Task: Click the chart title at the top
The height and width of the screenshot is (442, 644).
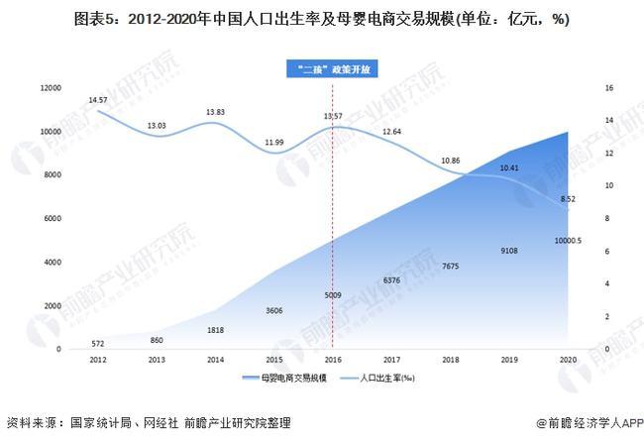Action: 321,19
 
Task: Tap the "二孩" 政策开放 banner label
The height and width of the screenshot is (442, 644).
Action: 333,70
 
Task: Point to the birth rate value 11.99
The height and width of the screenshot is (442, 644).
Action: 272,144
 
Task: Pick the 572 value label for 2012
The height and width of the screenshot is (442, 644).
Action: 96,343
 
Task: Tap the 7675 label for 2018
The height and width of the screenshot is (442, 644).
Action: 450,266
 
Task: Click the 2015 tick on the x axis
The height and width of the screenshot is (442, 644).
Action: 273,361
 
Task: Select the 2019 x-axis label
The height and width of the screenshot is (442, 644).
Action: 509,361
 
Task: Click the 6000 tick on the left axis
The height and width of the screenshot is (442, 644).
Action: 52,220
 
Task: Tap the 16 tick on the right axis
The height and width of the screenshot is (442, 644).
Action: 606,89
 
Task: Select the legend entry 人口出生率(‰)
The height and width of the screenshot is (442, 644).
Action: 382,379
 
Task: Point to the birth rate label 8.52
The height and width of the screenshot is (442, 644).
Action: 568,198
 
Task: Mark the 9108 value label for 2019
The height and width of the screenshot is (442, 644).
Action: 509,250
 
